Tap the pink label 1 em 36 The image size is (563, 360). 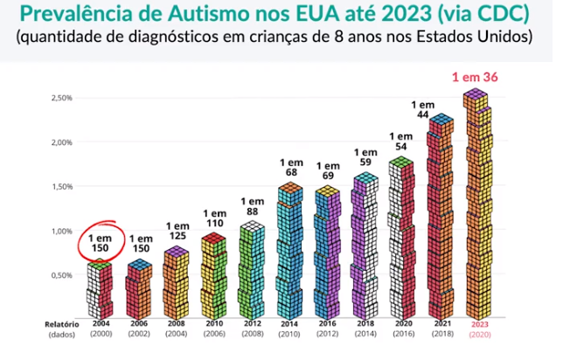475,76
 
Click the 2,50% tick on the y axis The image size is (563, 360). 61,97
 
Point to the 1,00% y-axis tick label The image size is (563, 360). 61,231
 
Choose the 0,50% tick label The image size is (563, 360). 61,275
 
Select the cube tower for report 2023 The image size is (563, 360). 476,205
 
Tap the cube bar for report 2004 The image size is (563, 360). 101,288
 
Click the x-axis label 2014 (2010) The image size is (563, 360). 289,329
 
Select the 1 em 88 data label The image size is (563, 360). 252,206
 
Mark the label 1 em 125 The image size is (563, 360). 177,232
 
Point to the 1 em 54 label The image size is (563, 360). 401,142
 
